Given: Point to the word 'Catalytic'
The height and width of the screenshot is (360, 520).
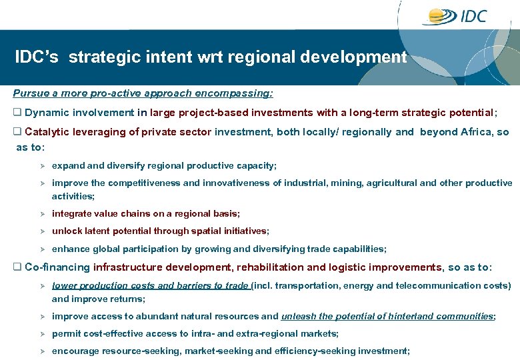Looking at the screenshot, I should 47,132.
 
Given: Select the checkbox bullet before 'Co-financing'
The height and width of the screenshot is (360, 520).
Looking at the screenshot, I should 18,267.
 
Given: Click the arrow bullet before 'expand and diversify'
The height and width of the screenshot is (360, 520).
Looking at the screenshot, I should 41,165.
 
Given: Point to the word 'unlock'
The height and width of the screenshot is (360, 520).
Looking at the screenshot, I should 67,231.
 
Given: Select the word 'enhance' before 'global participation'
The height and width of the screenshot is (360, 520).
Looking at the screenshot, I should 70,249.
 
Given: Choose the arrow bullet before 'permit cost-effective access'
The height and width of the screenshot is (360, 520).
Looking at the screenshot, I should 41,333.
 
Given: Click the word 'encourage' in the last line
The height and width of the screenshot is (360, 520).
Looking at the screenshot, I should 74,351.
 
